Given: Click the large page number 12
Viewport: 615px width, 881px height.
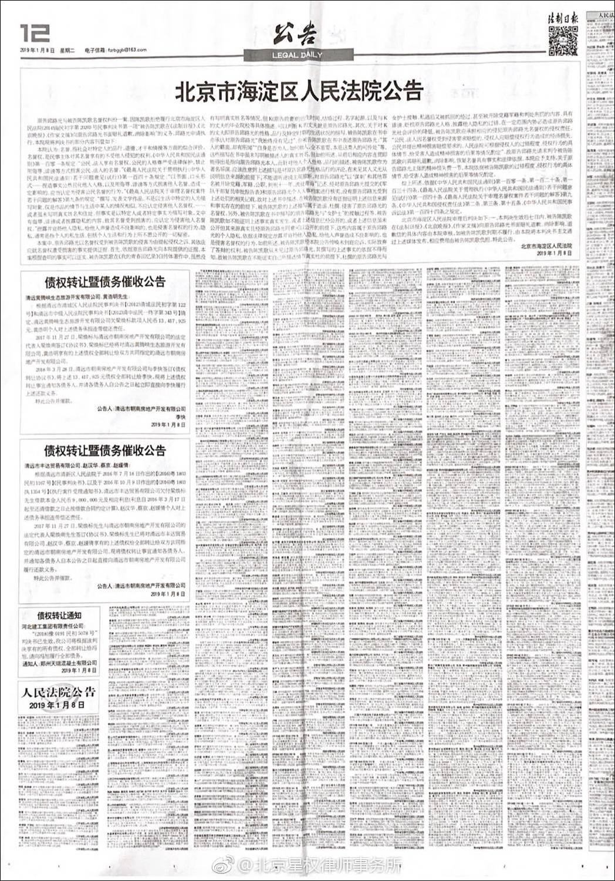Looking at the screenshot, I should click(33, 33).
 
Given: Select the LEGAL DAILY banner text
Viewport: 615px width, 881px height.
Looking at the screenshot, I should click(296, 55).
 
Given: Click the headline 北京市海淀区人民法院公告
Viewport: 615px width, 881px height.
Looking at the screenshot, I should click(299, 92).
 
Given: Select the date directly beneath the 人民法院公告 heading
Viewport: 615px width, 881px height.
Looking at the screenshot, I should click(57, 705).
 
